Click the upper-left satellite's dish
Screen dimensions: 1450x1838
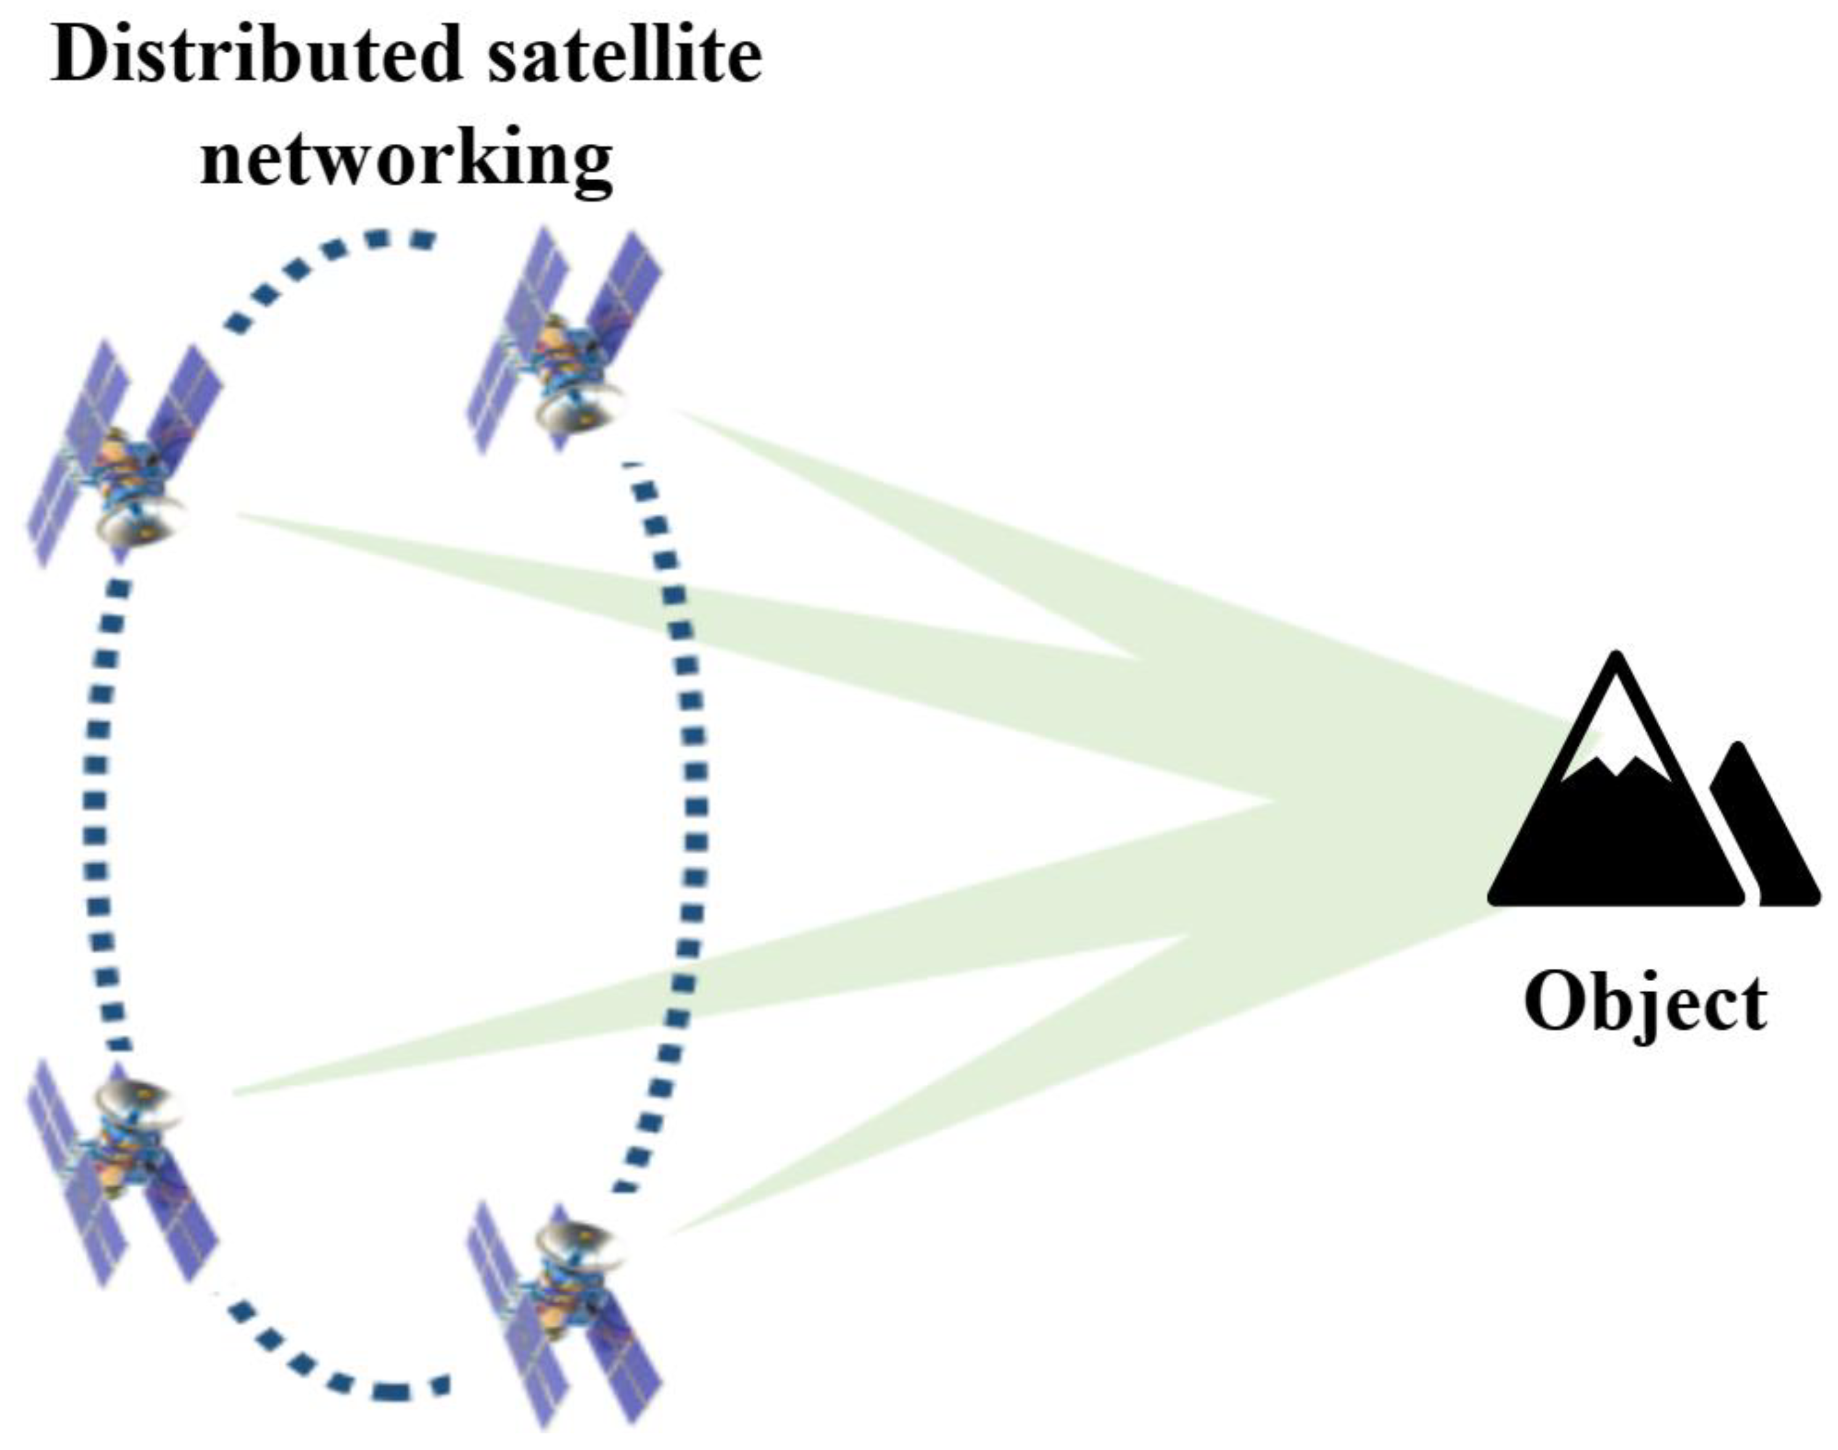140,522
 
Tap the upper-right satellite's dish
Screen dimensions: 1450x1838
577,412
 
